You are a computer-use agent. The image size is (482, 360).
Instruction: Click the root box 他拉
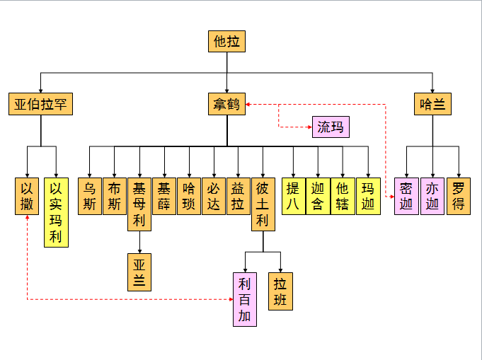point(226,41)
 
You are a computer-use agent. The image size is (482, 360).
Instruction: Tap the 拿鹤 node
point(226,105)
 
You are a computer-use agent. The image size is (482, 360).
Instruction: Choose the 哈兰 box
point(432,105)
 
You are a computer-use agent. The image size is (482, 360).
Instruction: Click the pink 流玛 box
point(330,127)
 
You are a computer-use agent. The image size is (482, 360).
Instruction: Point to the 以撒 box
point(27,197)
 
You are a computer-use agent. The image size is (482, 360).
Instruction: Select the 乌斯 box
point(89,197)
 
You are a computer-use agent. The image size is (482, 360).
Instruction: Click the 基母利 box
point(139,204)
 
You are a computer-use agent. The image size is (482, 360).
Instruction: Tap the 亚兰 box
point(139,272)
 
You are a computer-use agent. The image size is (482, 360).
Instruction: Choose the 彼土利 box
point(263,204)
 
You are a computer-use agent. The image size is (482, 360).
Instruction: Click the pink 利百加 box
point(244,299)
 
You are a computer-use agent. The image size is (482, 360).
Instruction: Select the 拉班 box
point(280,291)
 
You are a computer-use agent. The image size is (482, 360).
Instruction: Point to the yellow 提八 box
point(293,197)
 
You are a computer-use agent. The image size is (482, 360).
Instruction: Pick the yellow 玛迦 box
point(367,197)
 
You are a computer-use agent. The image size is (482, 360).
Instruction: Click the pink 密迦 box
point(406,197)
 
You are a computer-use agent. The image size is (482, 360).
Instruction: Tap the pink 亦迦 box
point(432,197)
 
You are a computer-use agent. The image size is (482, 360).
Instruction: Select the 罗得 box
point(459,197)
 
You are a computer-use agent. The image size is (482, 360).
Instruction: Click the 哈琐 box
point(188,197)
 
